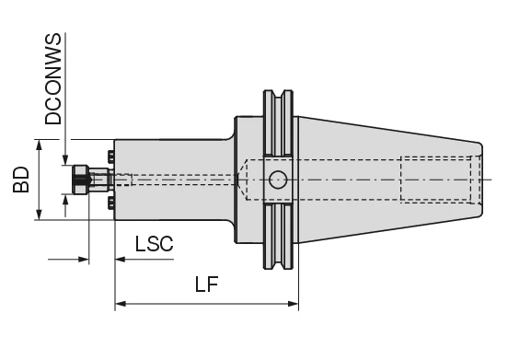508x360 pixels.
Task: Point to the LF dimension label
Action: tap(207, 285)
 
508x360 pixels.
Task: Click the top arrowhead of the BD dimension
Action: tap(39, 145)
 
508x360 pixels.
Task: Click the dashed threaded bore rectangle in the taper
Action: tap(437, 180)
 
